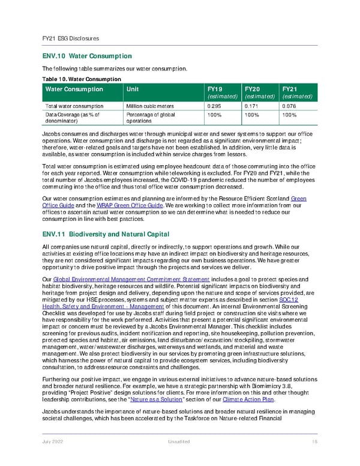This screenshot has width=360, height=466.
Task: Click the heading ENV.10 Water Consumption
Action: [87, 56]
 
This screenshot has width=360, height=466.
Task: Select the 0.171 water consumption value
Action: [251, 107]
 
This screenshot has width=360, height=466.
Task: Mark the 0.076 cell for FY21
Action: [289, 107]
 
